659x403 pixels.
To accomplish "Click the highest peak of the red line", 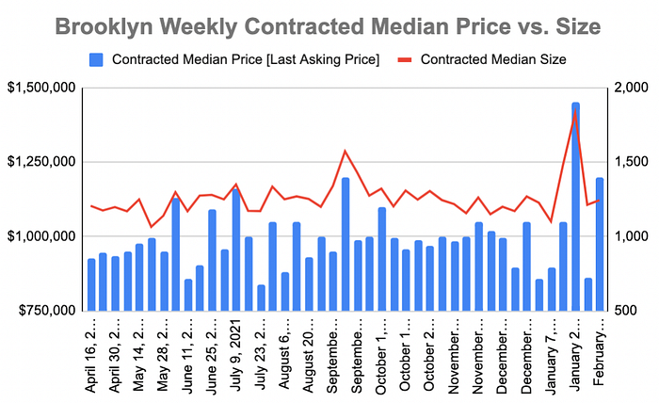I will click(x=575, y=113).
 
